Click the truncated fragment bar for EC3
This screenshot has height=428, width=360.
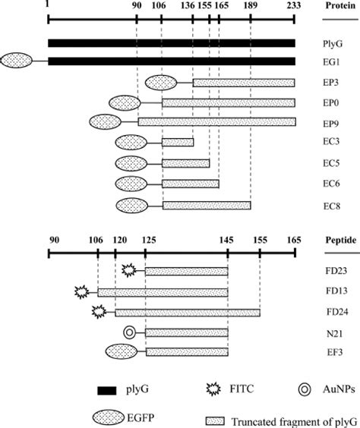(x=178, y=142)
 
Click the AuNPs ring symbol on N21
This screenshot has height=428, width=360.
(x=130, y=331)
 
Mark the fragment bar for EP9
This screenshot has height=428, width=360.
(x=216, y=121)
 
